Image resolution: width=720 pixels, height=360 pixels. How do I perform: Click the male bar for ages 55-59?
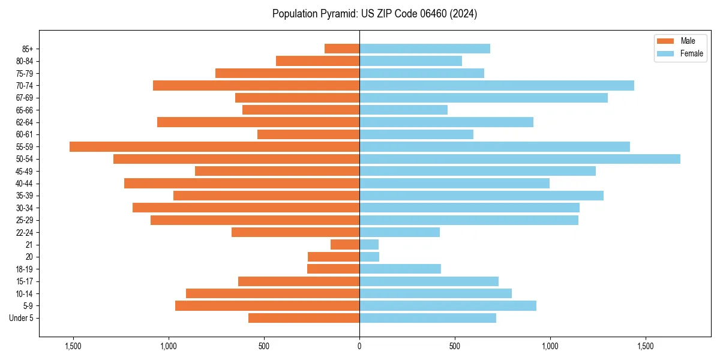[x=214, y=146]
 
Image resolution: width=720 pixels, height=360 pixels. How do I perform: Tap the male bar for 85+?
[x=342, y=49]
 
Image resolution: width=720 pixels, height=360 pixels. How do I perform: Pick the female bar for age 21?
[x=369, y=245]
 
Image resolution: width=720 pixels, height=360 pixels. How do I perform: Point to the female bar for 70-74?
[x=497, y=85]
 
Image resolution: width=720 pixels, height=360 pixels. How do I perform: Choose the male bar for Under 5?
[x=304, y=318]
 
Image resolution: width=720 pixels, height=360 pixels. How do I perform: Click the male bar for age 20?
[x=334, y=257]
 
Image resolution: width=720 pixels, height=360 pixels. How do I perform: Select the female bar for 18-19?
[x=400, y=269]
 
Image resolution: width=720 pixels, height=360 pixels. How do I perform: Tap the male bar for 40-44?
[x=242, y=183]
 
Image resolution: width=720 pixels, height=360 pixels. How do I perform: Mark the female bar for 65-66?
[x=403, y=110]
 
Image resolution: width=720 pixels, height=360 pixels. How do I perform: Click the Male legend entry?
[x=688, y=41]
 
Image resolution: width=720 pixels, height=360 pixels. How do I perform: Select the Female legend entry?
[x=691, y=53]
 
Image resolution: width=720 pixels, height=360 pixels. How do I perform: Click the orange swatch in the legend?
[x=666, y=41]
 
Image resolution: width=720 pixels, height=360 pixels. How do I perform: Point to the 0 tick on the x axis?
[x=359, y=346]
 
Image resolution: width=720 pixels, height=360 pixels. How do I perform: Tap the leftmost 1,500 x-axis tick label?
[x=73, y=346]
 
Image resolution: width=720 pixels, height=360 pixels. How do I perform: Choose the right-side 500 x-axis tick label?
[x=455, y=346]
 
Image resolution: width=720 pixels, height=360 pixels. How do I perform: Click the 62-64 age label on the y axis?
[x=25, y=122]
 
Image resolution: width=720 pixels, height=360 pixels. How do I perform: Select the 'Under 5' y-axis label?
[x=22, y=318]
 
